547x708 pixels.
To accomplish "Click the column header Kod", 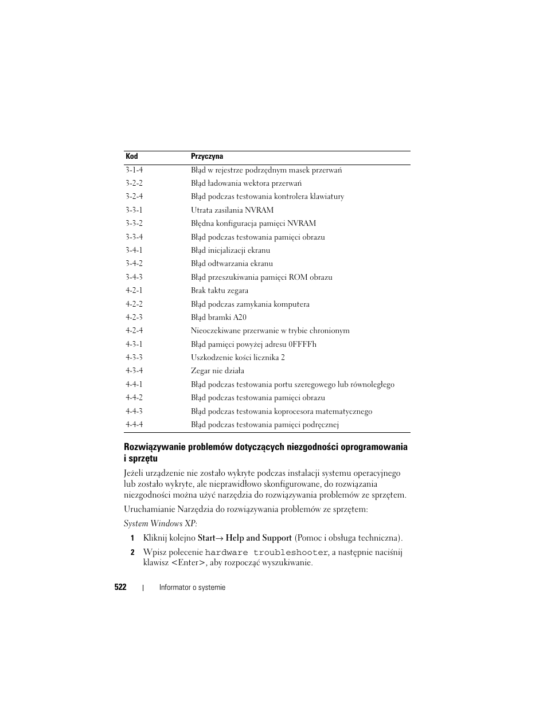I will coord(132,156).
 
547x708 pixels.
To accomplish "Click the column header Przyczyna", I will coord(207,156).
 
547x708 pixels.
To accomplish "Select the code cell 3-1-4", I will coord(134,170).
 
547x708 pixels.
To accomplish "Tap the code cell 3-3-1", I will coord(134,210).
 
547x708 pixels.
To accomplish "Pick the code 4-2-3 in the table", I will coord(134,317).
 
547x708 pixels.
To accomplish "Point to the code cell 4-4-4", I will coord(134,424).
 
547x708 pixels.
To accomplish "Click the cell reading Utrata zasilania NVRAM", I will coord(232,210).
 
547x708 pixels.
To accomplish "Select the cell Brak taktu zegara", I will coord(220,291).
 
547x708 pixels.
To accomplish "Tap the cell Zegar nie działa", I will coord(217,371).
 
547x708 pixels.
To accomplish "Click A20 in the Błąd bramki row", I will coord(240,317).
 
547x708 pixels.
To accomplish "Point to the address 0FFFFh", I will coord(303,344).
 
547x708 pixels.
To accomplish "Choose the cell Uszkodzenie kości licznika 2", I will coord(237,357).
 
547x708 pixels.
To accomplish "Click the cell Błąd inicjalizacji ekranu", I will coord(230,250).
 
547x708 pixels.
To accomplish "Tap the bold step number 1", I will coord(132,538).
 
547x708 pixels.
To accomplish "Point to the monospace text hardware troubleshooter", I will coord(267,553).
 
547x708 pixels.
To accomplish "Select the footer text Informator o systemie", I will coord(192,587).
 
